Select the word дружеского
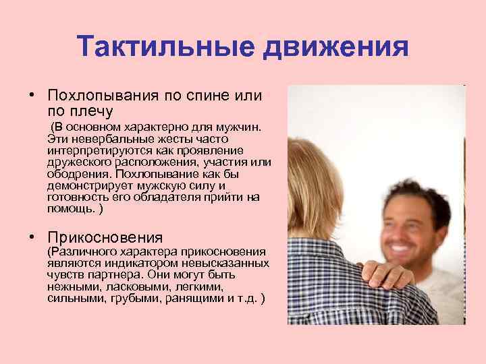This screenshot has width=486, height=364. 76,161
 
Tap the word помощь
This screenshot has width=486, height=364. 70,209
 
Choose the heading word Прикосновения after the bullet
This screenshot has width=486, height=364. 105,237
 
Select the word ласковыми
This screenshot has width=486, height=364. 113,286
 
